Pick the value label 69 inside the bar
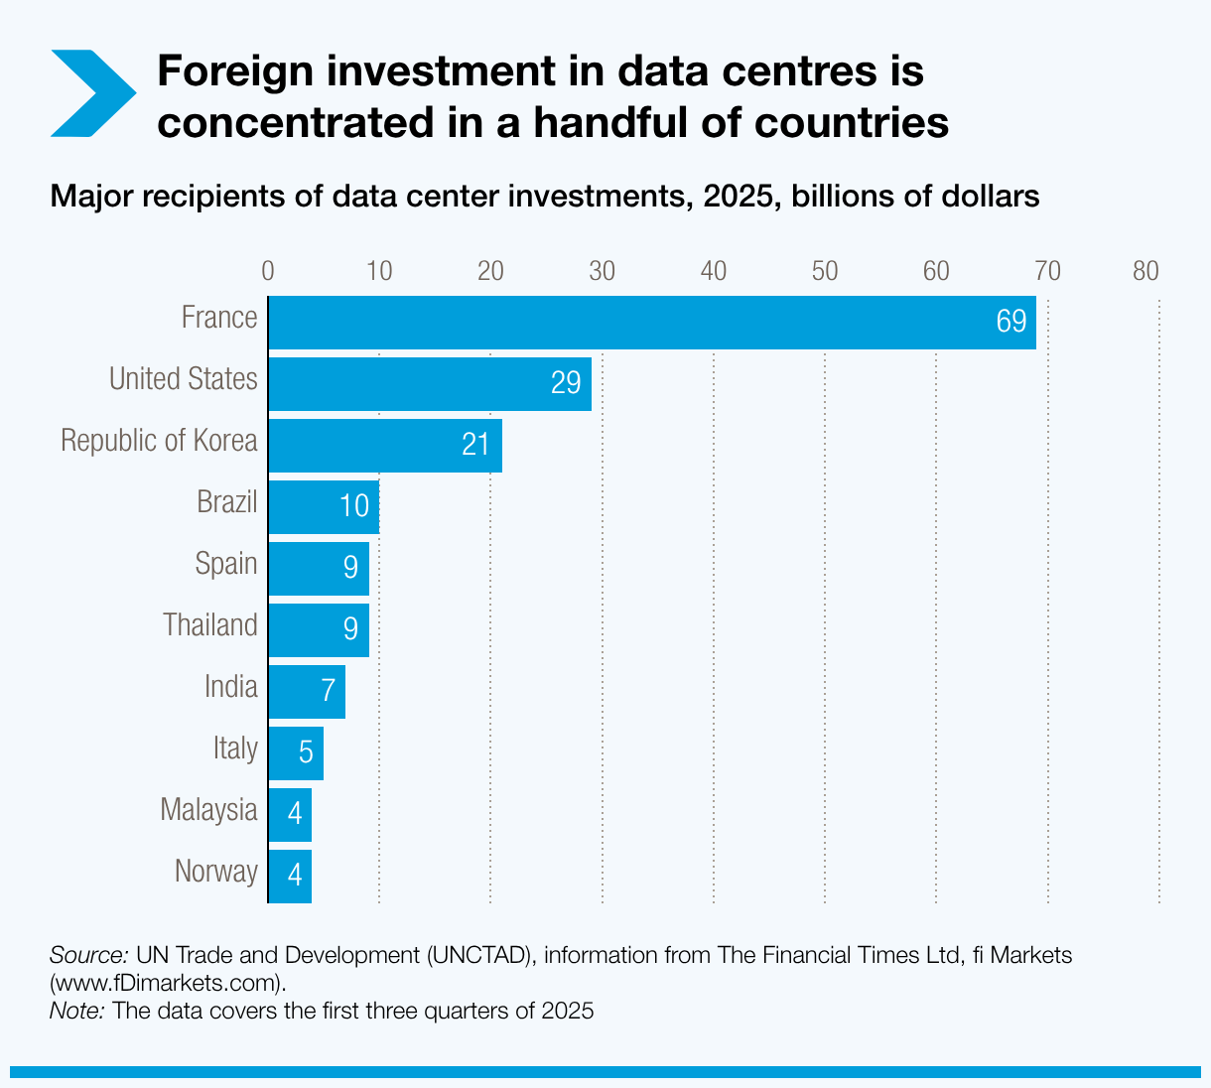[1010, 323]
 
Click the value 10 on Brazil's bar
[353, 506]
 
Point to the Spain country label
[226, 564]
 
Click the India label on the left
[230, 687]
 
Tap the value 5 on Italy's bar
[306, 754]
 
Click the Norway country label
[215, 872]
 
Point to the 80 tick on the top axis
[1145, 271]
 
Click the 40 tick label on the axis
[713, 271]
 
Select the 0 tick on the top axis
[267, 271]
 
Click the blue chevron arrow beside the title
[91, 93]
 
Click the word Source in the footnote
[88, 955]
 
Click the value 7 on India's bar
[329, 692]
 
